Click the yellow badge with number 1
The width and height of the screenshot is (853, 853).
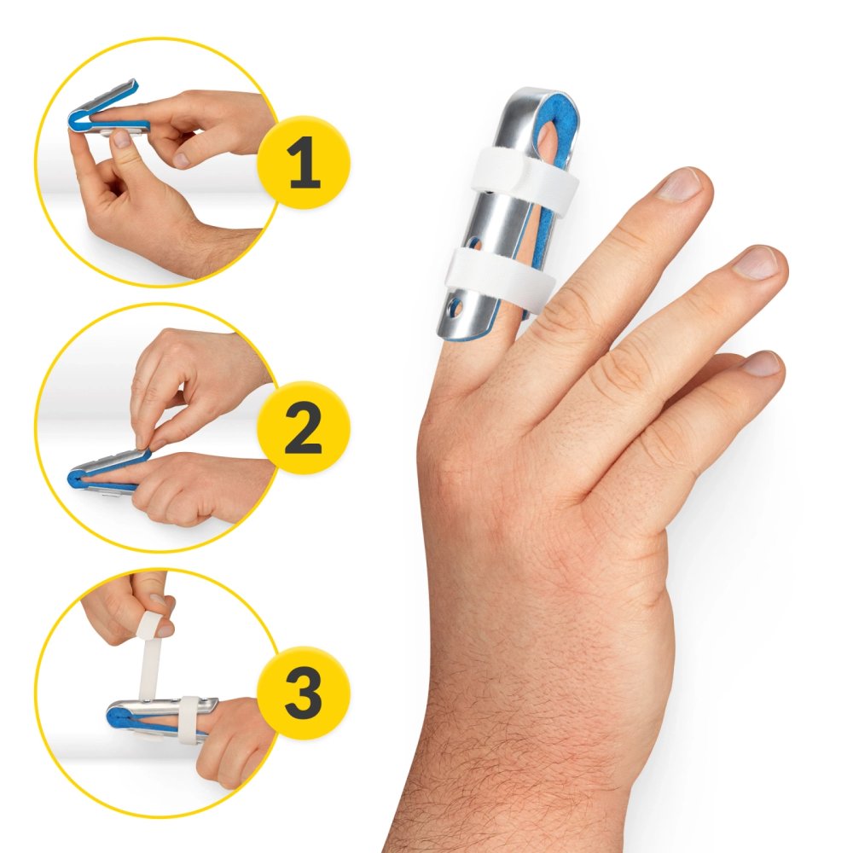click(x=304, y=163)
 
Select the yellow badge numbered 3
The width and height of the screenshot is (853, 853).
click(x=304, y=693)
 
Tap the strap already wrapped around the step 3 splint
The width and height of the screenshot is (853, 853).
click(x=189, y=718)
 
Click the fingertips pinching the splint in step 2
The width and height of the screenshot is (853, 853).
click(x=145, y=444)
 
